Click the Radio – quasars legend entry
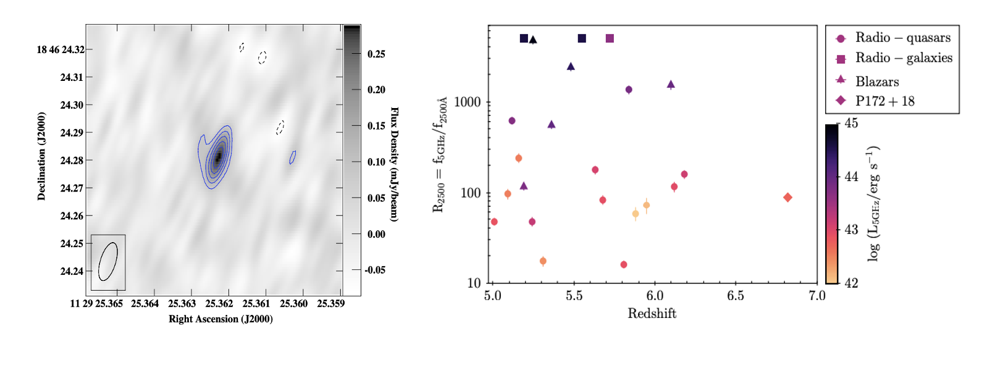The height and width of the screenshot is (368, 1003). click(892, 38)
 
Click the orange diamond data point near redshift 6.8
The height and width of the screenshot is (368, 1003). click(787, 198)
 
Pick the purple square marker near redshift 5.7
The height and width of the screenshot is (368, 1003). click(610, 38)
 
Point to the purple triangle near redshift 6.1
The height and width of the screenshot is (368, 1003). click(671, 85)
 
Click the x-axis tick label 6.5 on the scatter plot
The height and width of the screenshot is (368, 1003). click(735, 296)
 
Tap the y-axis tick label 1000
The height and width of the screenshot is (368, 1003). click(468, 102)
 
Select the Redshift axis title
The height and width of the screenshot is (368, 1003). click(652, 314)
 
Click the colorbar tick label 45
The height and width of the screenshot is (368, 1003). click(851, 123)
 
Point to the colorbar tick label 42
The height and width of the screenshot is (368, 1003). click(851, 283)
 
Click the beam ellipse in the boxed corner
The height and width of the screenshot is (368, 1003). click(108, 262)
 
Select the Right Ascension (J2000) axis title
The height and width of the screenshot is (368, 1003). click(220, 319)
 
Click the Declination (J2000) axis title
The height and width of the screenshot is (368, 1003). click(41, 156)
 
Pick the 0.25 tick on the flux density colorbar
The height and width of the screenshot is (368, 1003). click(376, 54)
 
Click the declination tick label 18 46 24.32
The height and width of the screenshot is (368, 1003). click(61, 50)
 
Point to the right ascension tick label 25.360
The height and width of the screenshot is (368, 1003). click(293, 304)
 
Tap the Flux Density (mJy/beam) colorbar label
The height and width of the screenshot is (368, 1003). click(394, 164)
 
